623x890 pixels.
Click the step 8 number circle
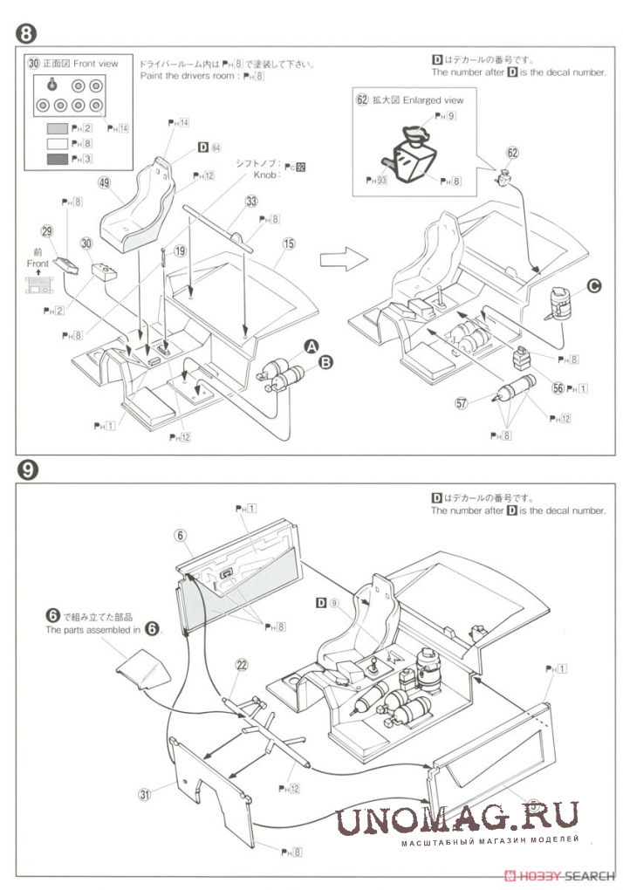point(27,34)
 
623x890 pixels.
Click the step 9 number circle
point(27,469)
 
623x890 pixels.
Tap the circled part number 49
point(104,183)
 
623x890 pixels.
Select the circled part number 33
point(251,201)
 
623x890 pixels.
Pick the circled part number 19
point(180,250)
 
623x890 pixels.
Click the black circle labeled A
point(309,347)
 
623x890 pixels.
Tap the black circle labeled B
point(326,361)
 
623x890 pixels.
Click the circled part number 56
point(558,388)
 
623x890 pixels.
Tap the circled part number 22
point(242,664)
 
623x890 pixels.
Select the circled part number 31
point(145,794)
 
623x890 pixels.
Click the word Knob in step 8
point(265,175)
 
